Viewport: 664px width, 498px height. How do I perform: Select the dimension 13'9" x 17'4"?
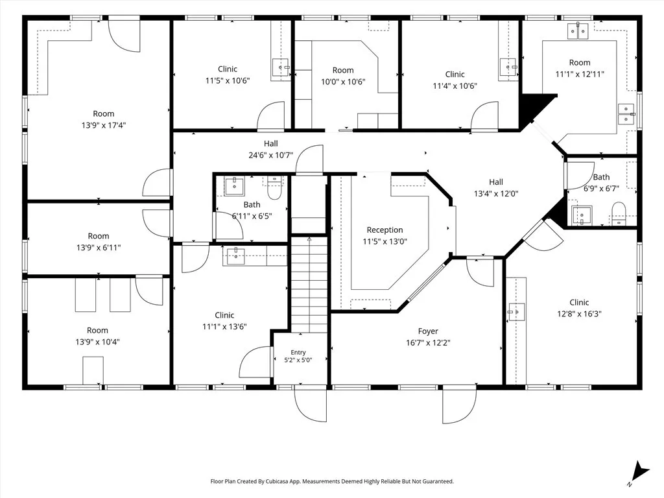pos(104,125)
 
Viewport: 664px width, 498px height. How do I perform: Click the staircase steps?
pos(309,284)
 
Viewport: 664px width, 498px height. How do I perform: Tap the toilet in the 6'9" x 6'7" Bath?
pos(619,213)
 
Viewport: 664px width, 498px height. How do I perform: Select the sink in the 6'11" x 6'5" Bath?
pos(234,185)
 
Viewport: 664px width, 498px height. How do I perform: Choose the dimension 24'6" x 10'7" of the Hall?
pos(270,155)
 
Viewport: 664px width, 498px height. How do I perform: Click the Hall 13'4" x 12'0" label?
pos(496,187)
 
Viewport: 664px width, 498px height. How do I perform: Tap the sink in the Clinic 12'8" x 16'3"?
pos(516,312)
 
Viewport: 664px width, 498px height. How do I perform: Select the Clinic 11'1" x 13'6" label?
pos(224,320)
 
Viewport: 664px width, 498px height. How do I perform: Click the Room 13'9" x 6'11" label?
pos(99,242)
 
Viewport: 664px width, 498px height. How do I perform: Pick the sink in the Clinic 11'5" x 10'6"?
pos(281,67)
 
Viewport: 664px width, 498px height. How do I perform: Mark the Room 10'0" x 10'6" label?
pos(343,76)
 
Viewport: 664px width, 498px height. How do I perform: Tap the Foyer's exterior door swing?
pos(460,406)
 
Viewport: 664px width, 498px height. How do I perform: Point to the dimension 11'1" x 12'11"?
pos(580,74)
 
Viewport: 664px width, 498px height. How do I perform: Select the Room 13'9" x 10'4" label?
pos(97,336)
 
